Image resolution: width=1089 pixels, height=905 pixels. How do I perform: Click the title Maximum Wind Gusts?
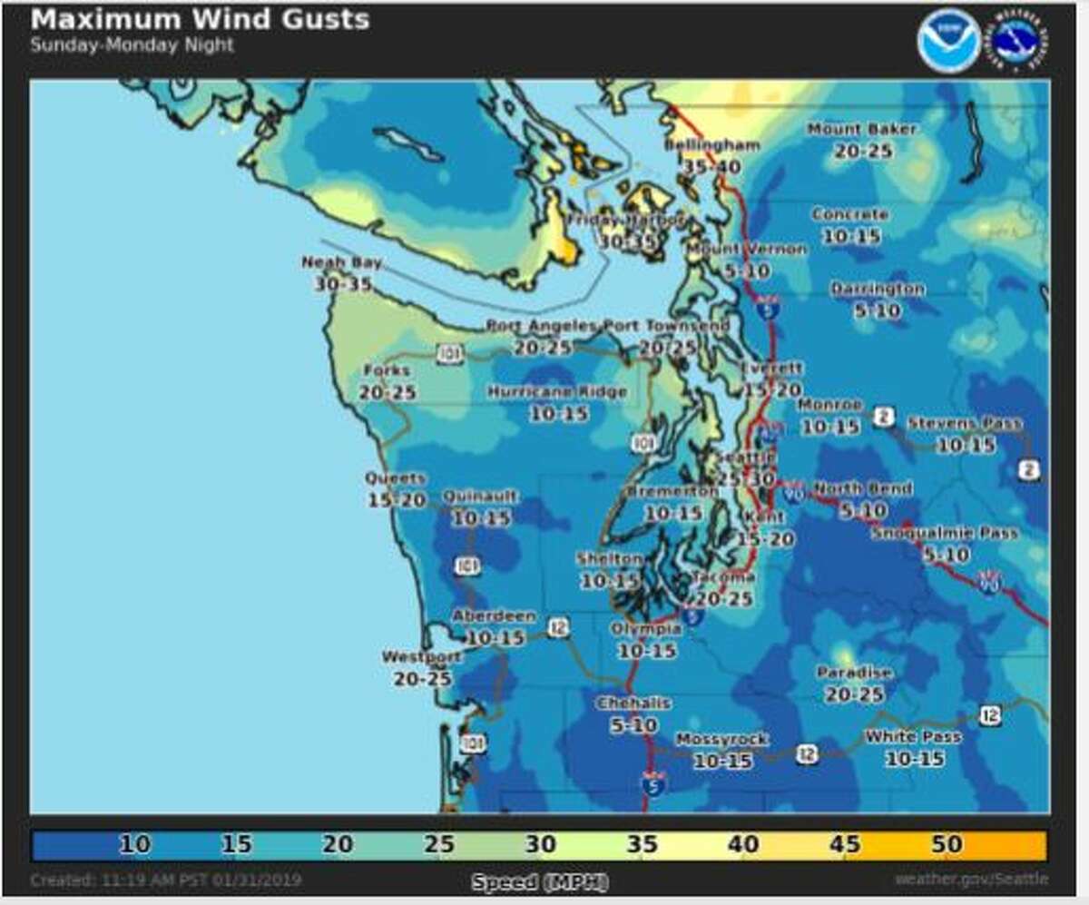coord(200,19)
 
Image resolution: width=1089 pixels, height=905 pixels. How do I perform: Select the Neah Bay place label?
coord(341,262)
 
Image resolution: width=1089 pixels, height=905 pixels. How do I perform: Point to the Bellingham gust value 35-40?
coord(711,167)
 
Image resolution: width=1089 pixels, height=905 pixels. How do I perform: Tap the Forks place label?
coord(386,370)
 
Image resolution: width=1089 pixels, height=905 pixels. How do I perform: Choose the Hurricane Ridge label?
coord(557,392)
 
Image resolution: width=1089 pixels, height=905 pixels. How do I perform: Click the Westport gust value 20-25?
coord(422,677)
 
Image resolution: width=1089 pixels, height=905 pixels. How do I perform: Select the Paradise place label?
coord(854,673)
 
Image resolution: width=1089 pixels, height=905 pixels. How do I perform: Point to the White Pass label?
coord(912,737)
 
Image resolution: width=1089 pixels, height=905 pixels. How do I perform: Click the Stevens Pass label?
coord(964,424)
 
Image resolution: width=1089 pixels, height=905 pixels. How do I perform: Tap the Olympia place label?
coord(645,629)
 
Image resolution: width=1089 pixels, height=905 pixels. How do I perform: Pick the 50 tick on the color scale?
coord(946,844)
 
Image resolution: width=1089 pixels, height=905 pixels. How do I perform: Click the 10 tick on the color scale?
coord(133,844)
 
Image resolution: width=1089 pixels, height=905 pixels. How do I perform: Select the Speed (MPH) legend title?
coord(540,881)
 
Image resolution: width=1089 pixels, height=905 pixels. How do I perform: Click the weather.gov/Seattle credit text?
coord(971,880)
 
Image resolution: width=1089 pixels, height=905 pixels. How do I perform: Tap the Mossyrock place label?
coord(721,740)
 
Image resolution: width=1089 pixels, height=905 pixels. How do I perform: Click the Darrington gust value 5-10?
coord(877,310)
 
